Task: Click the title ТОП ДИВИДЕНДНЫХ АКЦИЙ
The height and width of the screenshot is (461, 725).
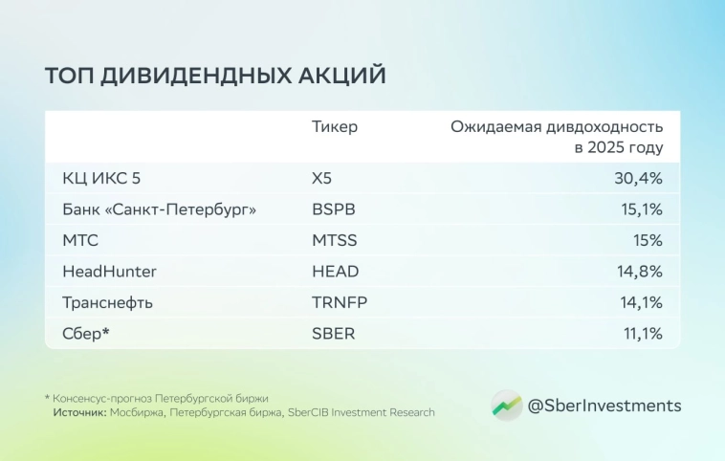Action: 215,77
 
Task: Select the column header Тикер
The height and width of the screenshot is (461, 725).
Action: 335,127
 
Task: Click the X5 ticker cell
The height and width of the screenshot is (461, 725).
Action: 324,178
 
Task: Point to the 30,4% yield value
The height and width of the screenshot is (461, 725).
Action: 638,178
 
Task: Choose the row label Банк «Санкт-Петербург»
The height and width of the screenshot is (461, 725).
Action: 160,209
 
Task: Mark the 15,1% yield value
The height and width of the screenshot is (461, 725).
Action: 640,209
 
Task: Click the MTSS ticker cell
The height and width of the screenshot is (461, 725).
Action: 335,240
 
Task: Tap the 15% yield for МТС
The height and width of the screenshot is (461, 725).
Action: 647,240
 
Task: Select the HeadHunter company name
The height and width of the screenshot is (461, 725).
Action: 109,272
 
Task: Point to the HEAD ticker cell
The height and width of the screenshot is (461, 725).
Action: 336,272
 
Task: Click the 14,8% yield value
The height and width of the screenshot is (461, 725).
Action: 639,272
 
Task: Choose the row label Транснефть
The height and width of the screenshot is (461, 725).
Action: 107,302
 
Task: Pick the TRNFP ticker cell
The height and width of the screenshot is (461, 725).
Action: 340,302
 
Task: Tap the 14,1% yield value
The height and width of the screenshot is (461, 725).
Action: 640,302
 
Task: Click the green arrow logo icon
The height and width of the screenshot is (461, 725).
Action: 506,406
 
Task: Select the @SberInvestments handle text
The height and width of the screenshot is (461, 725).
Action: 604,406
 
